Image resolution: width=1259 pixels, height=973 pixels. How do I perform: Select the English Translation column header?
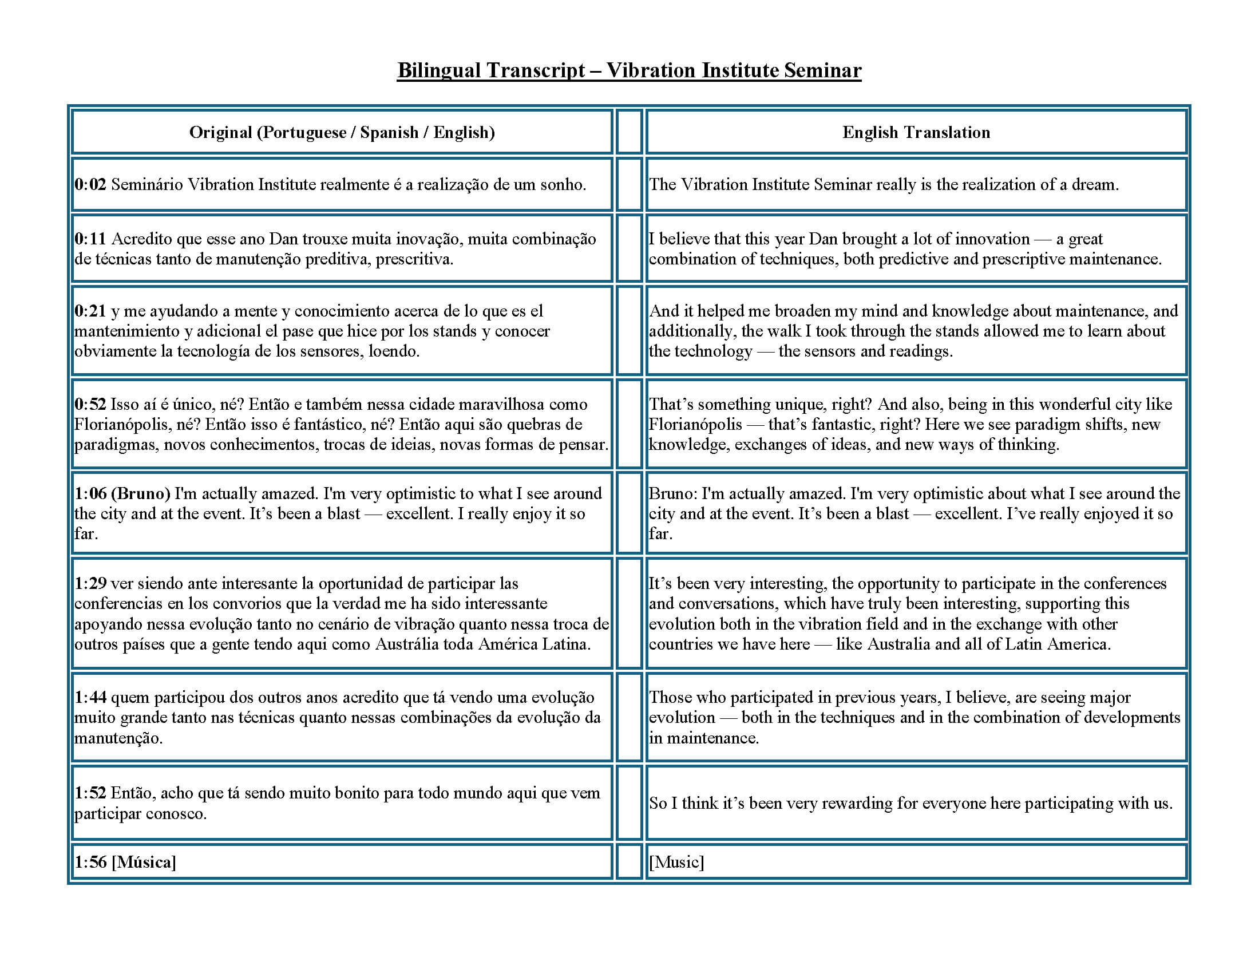[x=916, y=133]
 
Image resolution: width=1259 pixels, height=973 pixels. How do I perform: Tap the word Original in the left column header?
[x=221, y=133]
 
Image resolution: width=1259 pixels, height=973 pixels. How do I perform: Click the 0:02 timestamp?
[x=90, y=185]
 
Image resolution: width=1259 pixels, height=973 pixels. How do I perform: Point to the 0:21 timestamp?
[x=90, y=311]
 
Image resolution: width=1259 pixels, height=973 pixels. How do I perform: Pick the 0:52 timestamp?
[x=90, y=405]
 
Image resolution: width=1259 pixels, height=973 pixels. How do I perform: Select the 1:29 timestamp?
[x=90, y=583]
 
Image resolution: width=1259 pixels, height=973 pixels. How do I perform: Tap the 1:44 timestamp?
[x=90, y=698]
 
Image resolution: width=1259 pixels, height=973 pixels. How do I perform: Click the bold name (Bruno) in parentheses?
[x=141, y=494]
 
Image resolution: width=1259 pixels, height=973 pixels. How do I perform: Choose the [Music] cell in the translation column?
[x=676, y=863]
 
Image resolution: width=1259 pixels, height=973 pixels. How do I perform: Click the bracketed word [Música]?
[x=144, y=863]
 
